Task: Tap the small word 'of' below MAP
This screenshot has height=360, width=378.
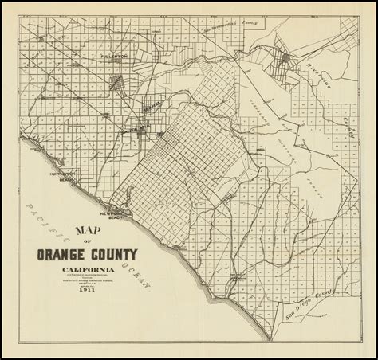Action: [86, 243]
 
